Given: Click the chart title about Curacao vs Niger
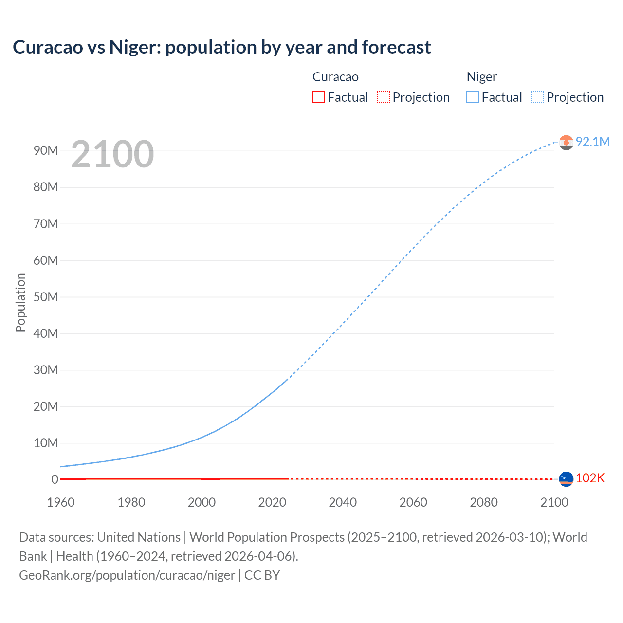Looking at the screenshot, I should pos(222,47).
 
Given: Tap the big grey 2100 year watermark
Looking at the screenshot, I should pos(112,154).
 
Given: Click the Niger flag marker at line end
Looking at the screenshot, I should pos(566,142).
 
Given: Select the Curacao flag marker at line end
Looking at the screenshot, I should pos(566,479).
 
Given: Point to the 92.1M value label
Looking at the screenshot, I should pos(592,142).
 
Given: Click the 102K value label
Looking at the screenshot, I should pos(590,478).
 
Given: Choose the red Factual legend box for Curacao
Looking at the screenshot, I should pos(318,97).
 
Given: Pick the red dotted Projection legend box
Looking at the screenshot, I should pos(384,97).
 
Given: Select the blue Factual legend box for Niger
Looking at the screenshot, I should pos(472,97).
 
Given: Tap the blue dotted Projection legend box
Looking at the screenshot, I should pos(537,97).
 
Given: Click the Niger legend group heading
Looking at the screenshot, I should pos(481,77).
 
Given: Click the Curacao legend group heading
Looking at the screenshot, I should pos(335,77).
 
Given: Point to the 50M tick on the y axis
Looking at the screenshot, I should pos(46,297).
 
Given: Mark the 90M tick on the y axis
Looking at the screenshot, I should pos(46,151).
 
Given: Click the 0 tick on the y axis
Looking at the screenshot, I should pos(55,479).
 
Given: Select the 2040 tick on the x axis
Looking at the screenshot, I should pos(343,502).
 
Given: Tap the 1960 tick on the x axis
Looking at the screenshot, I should pos(61,502).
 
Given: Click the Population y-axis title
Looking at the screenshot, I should pos(20,302).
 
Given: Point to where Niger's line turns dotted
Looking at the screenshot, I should pos(288,378).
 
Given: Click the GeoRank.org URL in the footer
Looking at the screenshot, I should pos(127,575).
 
